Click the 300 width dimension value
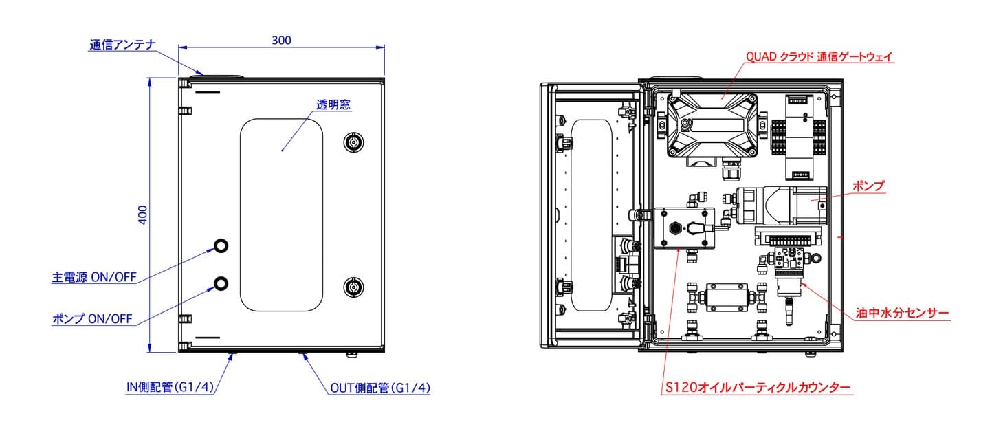[281, 40]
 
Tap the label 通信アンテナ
[123, 46]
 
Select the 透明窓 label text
[333, 105]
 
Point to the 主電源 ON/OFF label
[94, 278]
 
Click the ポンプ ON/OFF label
[92, 319]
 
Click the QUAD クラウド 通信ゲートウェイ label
[819, 57]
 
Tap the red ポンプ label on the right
[868, 186]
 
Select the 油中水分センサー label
[903, 313]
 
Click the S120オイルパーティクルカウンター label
[758, 388]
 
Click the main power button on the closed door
[221, 245]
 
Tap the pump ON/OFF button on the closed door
[221, 283]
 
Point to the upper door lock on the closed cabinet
[353, 142]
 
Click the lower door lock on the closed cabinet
[353, 287]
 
